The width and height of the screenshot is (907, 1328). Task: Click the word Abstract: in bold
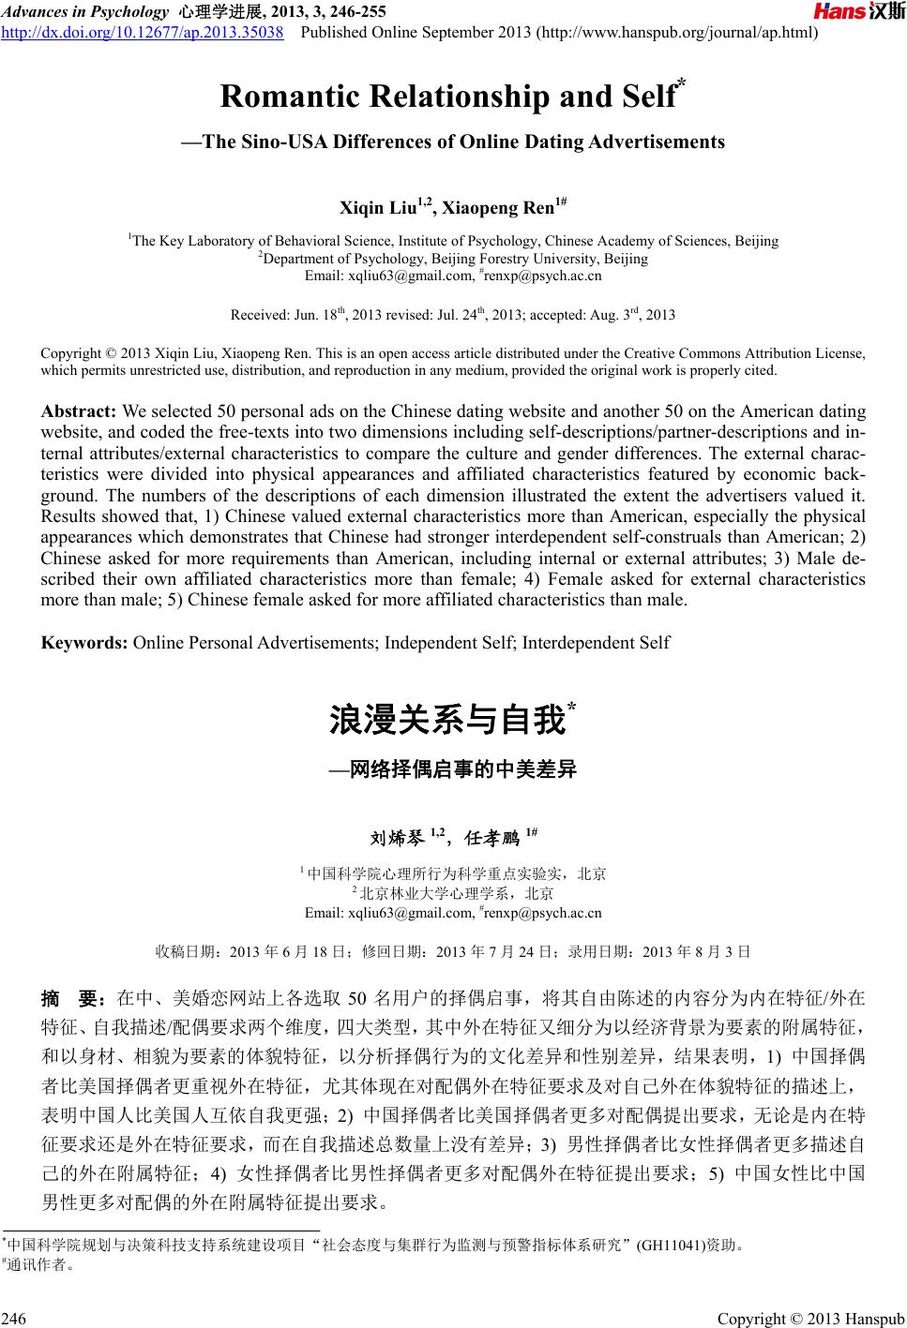[x=80, y=412]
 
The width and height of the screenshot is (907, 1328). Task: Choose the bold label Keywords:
[x=85, y=643]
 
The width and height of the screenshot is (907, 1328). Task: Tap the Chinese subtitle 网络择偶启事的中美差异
[x=463, y=771]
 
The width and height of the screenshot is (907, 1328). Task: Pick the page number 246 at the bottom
[x=14, y=1320]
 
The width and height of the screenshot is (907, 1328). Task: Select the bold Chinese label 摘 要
[x=76, y=997]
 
